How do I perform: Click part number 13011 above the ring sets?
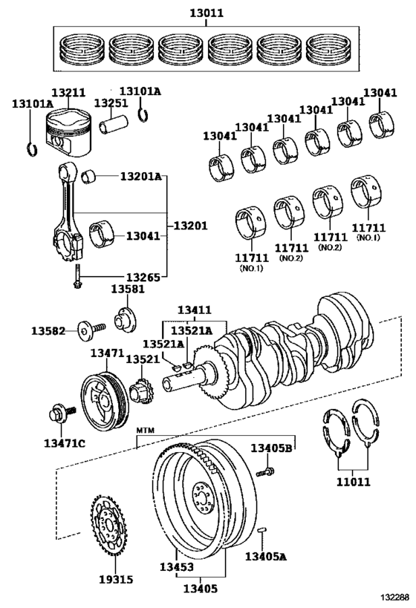click(x=207, y=13)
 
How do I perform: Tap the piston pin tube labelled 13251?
click(x=113, y=124)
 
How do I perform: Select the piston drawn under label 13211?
click(x=68, y=132)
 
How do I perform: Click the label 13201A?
click(x=140, y=177)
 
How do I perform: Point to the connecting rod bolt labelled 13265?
click(x=77, y=276)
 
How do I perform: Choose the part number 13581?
click(x=128, y=289)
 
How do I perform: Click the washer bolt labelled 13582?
click(x=91, y=331)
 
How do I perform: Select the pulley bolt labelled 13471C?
click(x=62, y=413)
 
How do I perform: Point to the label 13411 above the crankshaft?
click(x=195, y=310)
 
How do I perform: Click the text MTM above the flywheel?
click(x=146, y=430)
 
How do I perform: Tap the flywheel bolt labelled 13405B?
click(x=265, y=472)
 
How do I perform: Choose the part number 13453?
click(x=177, y=566)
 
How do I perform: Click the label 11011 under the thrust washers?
click(x=353, y=482)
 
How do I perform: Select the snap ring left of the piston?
click(x=33, y=149)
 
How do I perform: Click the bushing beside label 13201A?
click(x=90, y=177)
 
